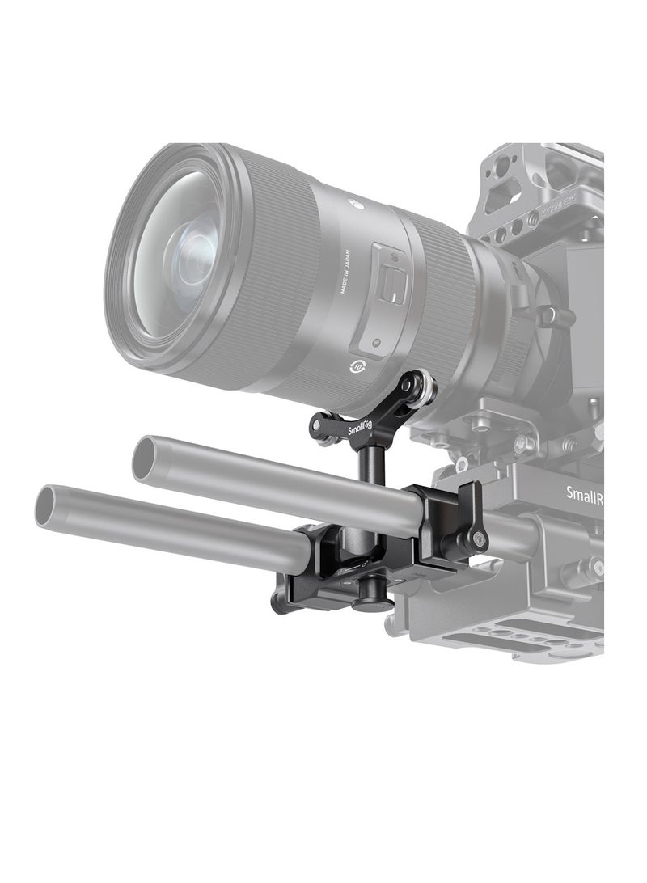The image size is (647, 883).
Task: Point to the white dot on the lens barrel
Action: point(354,198)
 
